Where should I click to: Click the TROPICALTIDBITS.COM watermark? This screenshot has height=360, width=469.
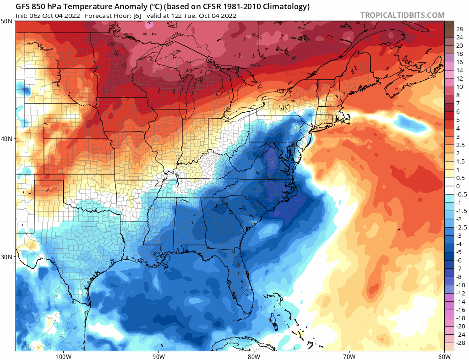click(402, 15)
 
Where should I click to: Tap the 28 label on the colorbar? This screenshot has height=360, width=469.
click(459, 29)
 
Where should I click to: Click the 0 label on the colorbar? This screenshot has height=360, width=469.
click(458, 186)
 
